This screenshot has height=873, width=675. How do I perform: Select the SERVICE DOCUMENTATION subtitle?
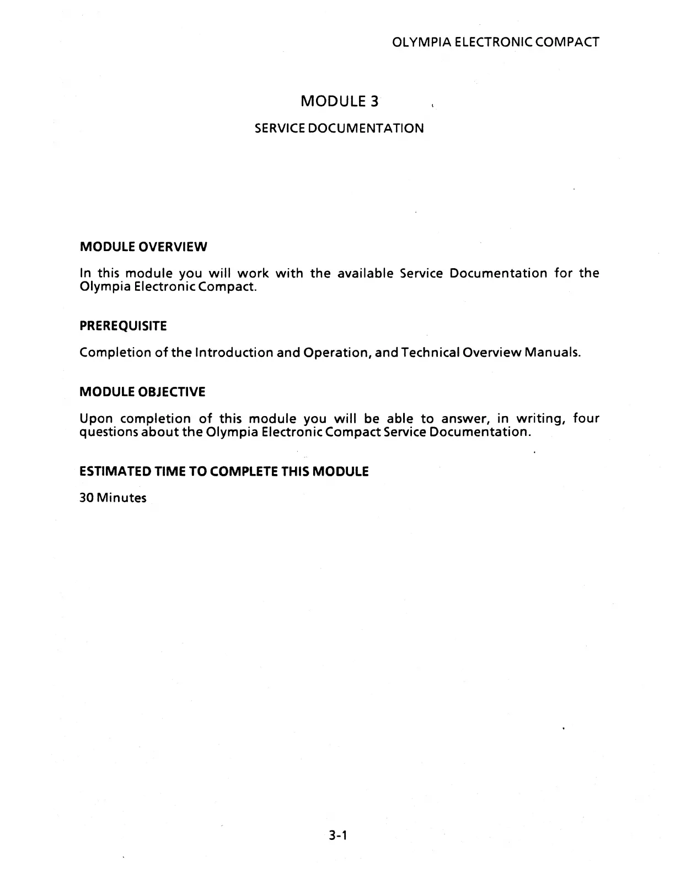tap(339, 129)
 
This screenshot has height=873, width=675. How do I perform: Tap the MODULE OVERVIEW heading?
tap(143, 247)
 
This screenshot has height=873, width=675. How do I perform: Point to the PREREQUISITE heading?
tap(123, 326)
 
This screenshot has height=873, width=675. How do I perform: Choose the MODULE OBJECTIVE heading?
tap(142, 392)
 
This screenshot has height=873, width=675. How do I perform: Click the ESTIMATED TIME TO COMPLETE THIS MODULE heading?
tap(224, 472)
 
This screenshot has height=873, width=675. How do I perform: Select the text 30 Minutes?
tap(113, 498)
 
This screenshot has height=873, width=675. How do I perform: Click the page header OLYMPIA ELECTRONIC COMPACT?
tap(494, 42)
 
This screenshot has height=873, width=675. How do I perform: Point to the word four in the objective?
tap(586, 419)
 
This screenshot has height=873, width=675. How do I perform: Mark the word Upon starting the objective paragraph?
tap(97, 419)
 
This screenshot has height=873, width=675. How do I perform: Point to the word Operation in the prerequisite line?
tap(336, 353)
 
